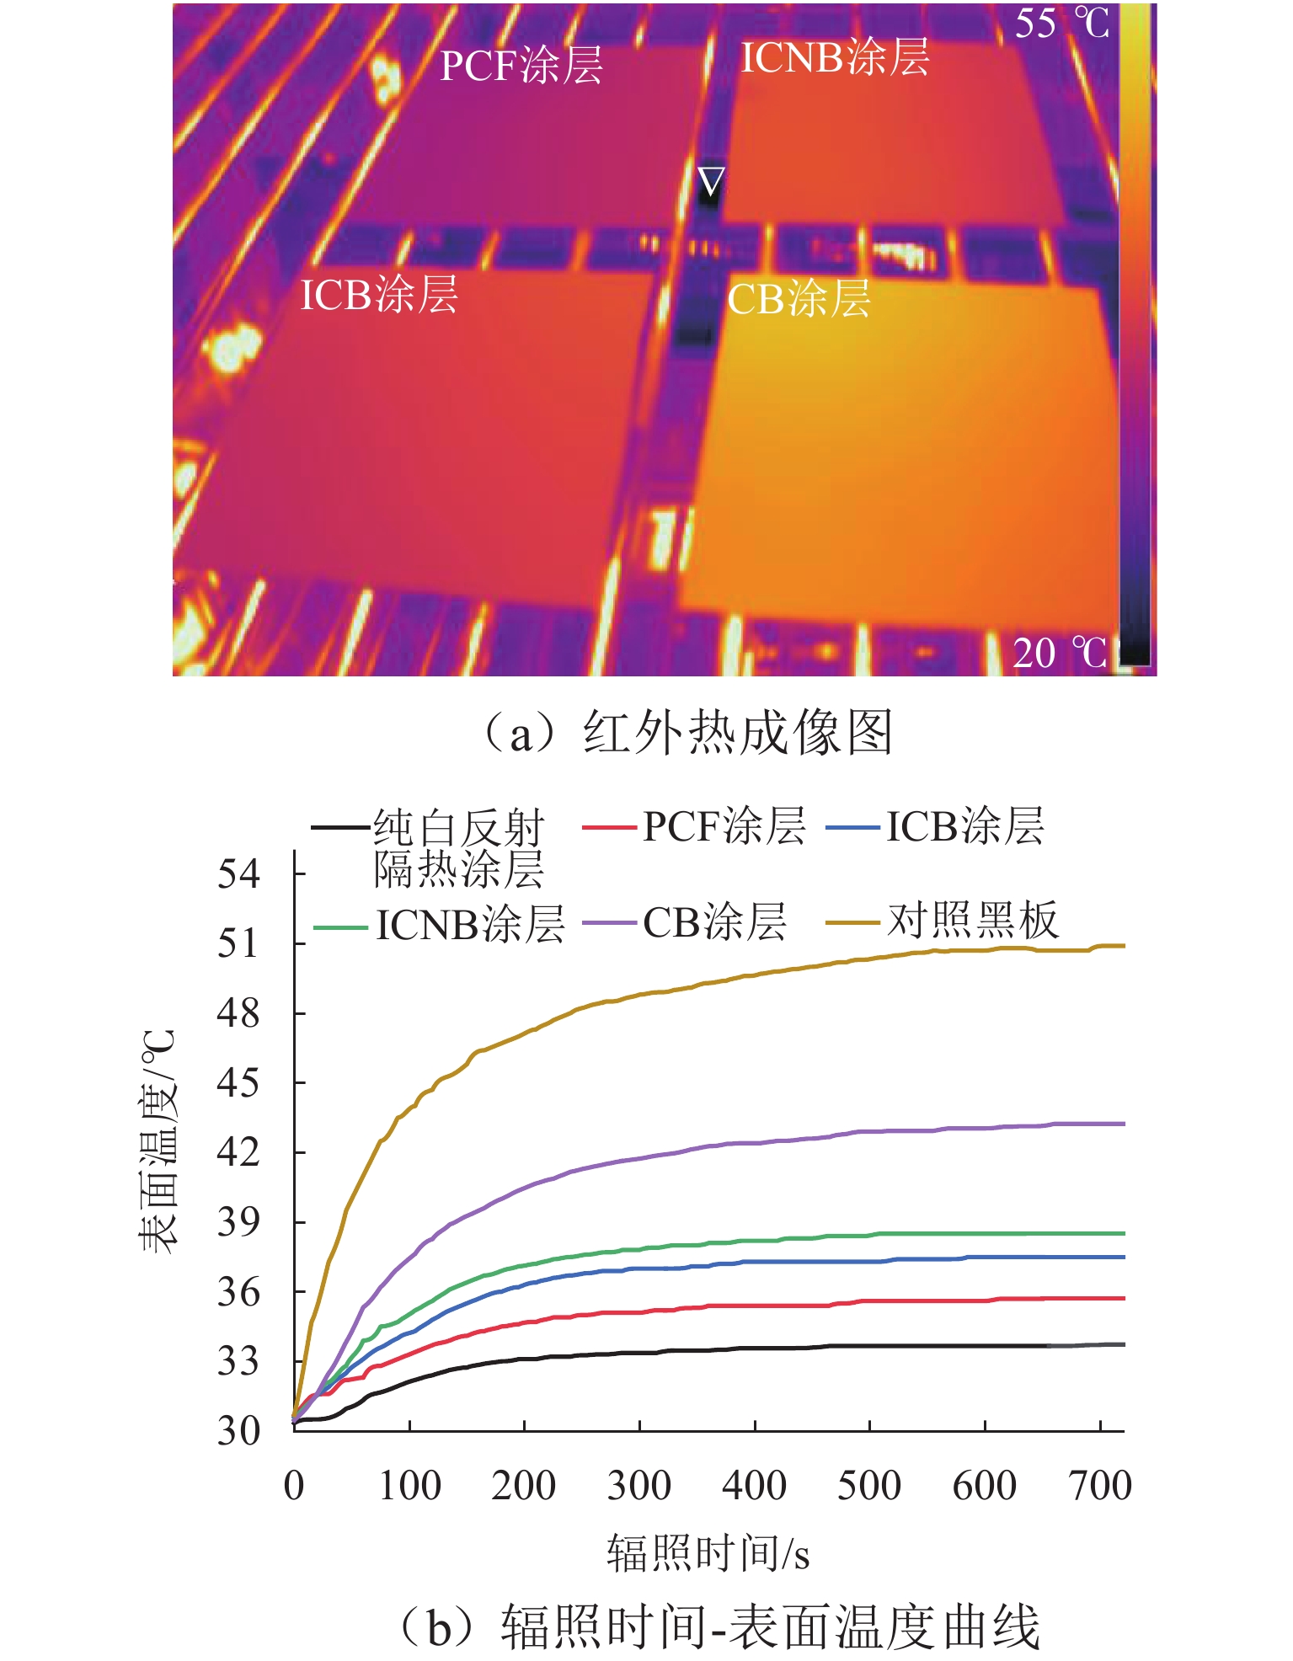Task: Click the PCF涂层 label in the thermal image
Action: (x=521, y=66)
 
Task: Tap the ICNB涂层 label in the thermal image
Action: (x=835, y=58)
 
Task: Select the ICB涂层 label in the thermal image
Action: (x=379, y=295)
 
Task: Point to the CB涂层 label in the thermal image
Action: (x=799, y=300)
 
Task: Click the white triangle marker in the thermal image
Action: (x=711, y=180)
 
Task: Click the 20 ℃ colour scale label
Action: (x=1060, y=653)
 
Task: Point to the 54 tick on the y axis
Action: (x=239, y=873)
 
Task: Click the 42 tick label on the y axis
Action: (x=239, y=1151)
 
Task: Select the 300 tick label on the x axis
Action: (x=639, y=1486)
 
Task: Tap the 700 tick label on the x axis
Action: (x=1099, y=1486)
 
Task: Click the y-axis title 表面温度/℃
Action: (x=158, y=1141)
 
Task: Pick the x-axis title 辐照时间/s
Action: (x=708, y=1552)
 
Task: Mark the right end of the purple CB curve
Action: (x=1123, y=1124)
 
